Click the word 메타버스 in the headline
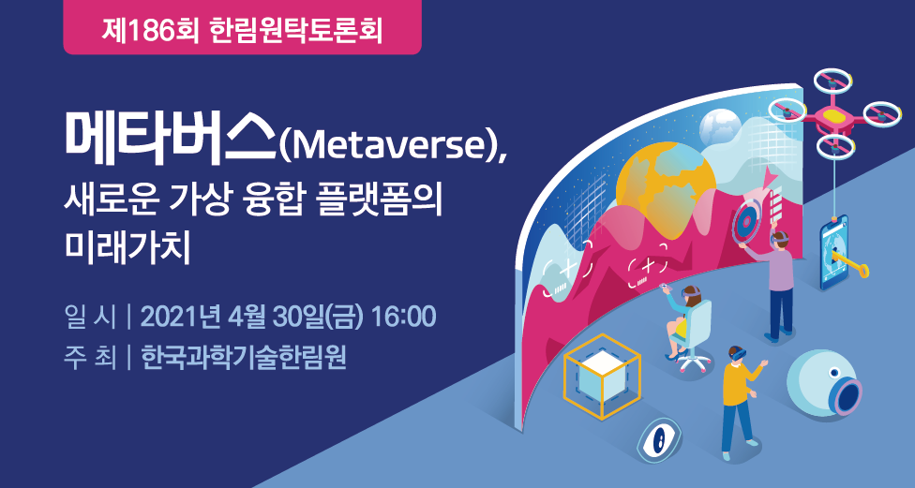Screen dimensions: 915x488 pos(171,137)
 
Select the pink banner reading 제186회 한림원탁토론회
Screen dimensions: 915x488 pos(242,27)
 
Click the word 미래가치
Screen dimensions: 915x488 pos(127,249)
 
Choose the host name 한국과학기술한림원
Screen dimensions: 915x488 pos(244,358)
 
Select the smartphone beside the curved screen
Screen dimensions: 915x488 pos(834,252)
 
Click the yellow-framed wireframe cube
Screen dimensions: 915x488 pos(602,376)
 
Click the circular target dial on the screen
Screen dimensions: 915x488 pos(745,222)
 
